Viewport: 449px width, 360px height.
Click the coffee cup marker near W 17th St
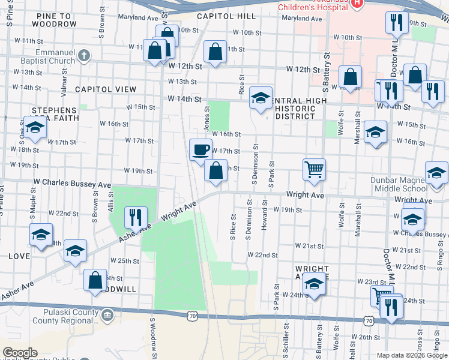pos(200,149)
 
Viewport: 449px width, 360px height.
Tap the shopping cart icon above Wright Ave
pos(314,169)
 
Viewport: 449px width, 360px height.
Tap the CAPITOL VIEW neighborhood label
pos(106,89)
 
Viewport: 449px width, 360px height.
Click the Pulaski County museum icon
pos(106,315)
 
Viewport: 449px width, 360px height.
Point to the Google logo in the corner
pos(20,352)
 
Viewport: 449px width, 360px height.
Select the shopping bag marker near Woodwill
pos(95,280)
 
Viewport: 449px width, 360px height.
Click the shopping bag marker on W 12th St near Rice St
pos(215,52)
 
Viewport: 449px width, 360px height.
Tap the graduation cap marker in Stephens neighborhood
pos(35,128)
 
